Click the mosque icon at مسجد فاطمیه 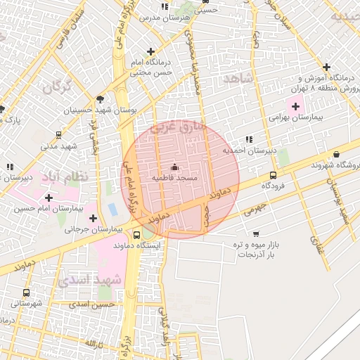(174, 167)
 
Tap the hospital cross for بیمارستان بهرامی (296, 105)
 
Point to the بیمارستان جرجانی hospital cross (93, 218)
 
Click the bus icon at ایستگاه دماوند (136, 235)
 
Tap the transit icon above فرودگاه (273, 175)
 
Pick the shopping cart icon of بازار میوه (256, 233)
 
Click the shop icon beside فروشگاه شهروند (336, 155)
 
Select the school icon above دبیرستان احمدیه (250, 139)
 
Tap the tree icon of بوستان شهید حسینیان (100, 98)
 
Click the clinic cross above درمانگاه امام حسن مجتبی (150, 51)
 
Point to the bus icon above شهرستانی (27, 292)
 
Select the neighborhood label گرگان (57, 87)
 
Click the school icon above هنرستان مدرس (165, 6)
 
